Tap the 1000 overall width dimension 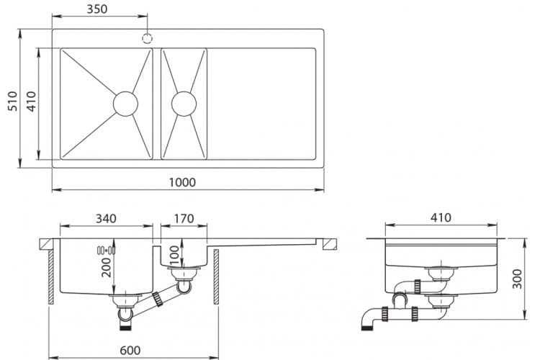tap(182, 182)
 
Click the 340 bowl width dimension tap(105, 218)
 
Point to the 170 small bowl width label tap(184, 218)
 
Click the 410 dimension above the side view tap(441, 217)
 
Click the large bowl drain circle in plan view tap(125, 104)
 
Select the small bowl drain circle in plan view tap(183, 104)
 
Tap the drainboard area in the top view tap(262, 104)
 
